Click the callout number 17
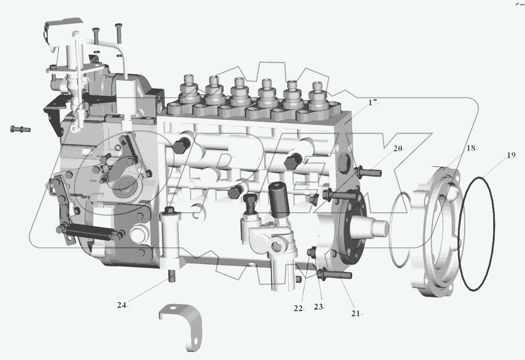point(373,103)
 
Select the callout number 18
point(470,148)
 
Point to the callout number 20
point(397,148)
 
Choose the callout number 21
point(355,313)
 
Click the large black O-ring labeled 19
point(476,234)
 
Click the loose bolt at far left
point(20,129)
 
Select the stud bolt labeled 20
point(369,172)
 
